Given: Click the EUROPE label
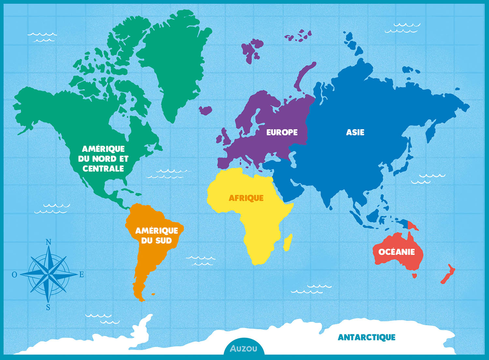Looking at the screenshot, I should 282,132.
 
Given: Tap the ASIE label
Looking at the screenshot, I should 355,132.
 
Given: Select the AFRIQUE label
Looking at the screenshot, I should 246,198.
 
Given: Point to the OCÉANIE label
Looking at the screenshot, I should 396,252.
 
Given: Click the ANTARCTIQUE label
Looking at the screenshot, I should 366,337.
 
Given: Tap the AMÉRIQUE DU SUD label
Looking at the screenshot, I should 156,236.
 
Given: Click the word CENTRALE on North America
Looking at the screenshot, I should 103,168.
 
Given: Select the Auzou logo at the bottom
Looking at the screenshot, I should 244,349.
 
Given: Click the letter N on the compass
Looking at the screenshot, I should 48,242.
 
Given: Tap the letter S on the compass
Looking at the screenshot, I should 48,307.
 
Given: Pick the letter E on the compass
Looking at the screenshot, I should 81,275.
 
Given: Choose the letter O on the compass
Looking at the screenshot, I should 14,275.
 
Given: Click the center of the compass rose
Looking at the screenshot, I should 48,275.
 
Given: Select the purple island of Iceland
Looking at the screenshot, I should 205,110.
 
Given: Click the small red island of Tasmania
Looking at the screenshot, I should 414,276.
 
